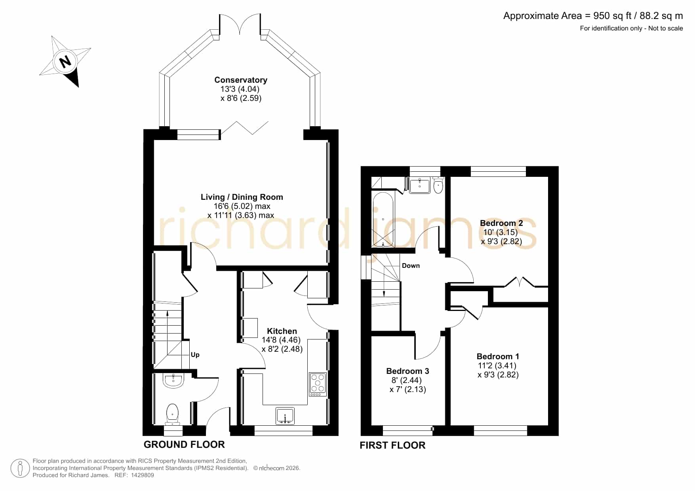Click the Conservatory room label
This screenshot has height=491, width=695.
tap(241, 80)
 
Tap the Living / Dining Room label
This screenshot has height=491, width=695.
tap(242, 197)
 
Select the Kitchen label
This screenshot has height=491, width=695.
tap(282, 331)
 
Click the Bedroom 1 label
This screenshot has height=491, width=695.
tap(498, 356)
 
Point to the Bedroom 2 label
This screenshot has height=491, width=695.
tap(501, 223)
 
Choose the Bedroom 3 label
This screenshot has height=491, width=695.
tap(407, 371)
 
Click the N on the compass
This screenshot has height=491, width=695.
tap(65, 62)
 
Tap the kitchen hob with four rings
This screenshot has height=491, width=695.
tap(318, 385)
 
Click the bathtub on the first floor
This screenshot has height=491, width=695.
tap(383, 220)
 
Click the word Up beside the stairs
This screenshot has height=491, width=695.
tap(195, 355)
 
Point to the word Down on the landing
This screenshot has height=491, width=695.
tap(411, 266)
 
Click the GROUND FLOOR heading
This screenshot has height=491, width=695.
tap(184, 445)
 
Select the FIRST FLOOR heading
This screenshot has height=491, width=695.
tap(392, 446)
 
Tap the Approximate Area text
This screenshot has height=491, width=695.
tap(593, 16)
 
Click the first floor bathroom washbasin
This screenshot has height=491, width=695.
tap(420, 185)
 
